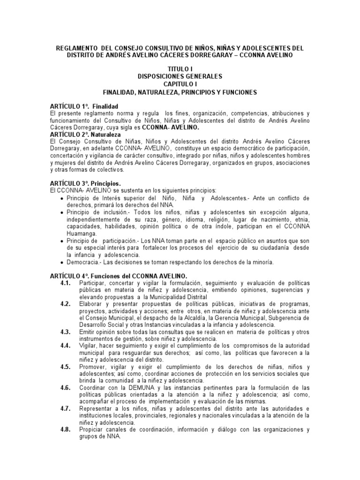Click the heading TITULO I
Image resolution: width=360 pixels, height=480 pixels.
click(180, 69)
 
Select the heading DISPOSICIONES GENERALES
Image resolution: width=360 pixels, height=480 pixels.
click(180, 76)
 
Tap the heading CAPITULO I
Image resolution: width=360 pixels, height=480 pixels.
click(180, 84)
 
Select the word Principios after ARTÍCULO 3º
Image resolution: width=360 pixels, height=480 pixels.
click(108, 183)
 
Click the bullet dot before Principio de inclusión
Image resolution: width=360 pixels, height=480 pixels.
click(62, 212)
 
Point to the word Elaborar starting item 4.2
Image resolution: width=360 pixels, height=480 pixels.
click(91, 304)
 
